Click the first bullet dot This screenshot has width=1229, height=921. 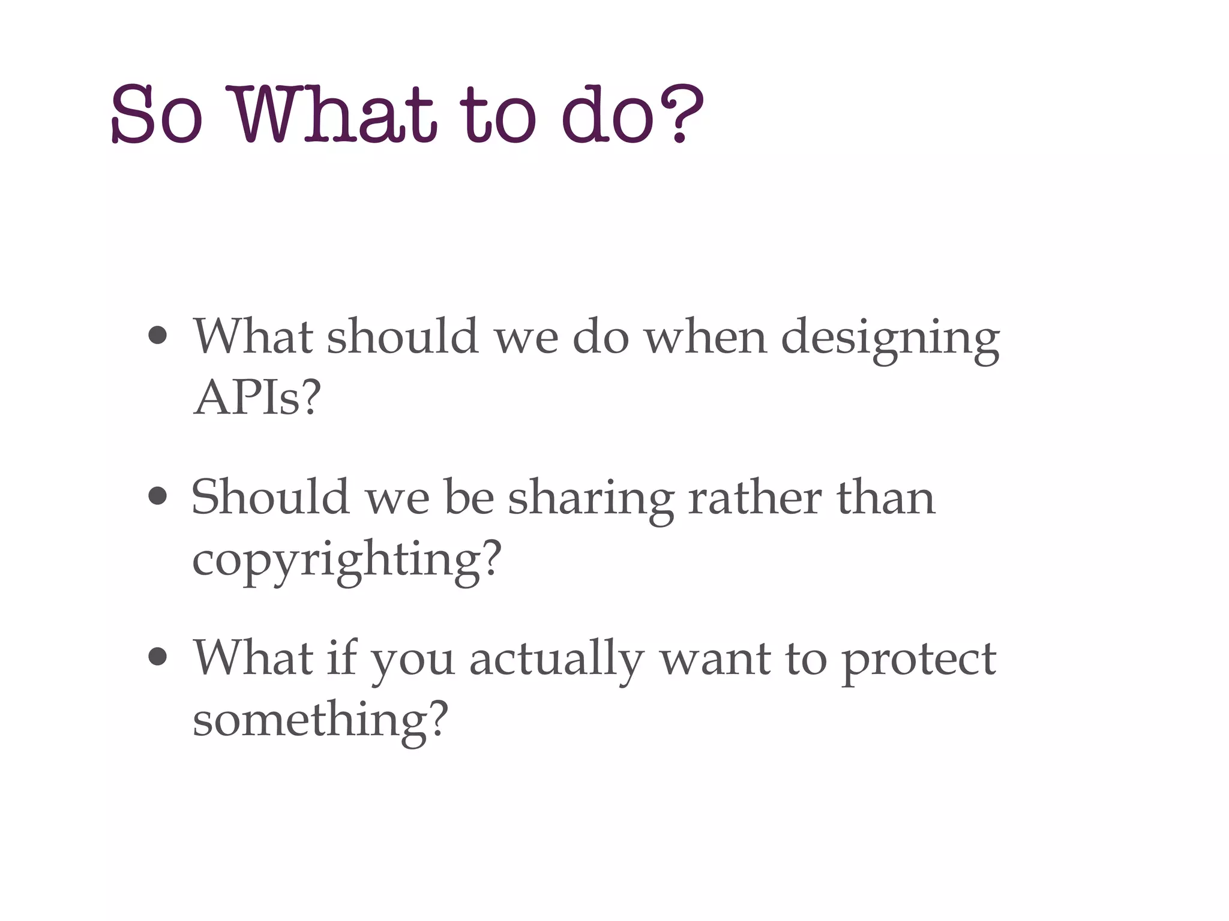coord(157,336)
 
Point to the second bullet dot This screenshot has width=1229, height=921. coord(157,496)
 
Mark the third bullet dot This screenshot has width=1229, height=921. coord(157,657)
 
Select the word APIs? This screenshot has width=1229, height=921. coord(257,398)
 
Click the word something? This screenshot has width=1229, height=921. coord(320,720)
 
